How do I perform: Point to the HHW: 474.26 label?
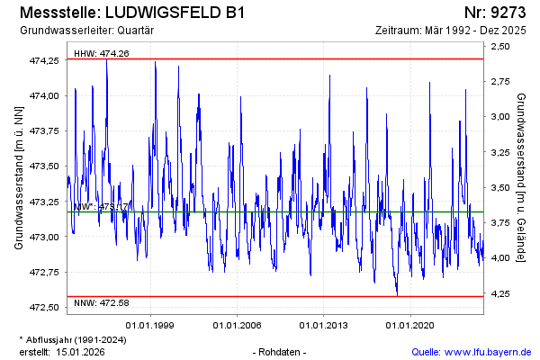click(x=102, y=53)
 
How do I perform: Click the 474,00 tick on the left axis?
click(x=44, y=95)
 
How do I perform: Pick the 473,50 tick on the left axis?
click(x=44, y=166)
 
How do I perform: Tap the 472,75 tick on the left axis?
click(x=44, y=272)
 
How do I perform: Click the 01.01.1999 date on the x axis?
click(x=149, y=325)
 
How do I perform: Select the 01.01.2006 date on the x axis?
click(x=237, y=325)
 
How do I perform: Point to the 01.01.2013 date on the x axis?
click(x=324, y=325)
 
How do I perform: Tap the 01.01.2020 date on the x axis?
click(x=410, y=325)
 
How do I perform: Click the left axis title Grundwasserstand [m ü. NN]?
click(x=19, y=177)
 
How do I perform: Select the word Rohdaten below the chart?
click(x=281, y=351)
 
